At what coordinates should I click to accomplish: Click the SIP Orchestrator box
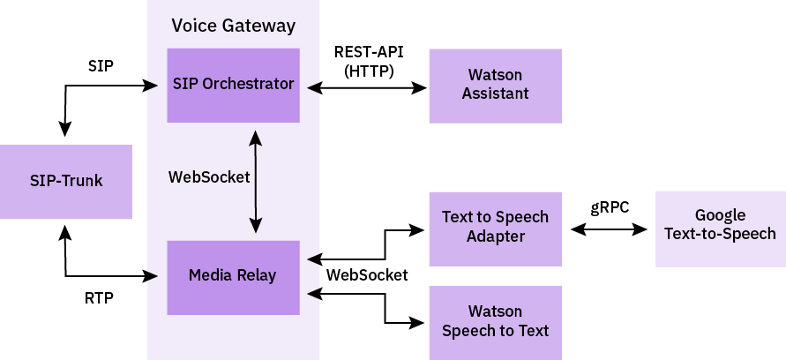click(233, 86)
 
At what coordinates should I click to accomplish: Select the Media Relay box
click(233, 277)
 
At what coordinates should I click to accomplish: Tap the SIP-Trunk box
click(66, 182)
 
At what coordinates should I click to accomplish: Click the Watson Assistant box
click(495, 86)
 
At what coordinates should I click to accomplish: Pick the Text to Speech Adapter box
click(495, 228)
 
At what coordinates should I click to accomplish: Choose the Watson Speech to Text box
click(495, 322)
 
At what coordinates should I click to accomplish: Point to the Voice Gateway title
click(233, 26)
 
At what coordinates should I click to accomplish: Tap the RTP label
click(99, 298)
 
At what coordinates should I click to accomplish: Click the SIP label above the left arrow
click(101, 65)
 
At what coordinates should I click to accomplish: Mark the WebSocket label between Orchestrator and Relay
click(209, 176)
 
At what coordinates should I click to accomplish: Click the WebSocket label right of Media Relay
click(367, 275)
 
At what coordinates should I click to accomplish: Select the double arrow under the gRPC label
click(609, 229)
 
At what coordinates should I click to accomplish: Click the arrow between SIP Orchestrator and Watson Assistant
click(363, 87)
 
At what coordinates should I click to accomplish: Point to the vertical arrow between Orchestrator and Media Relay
click(255, 182)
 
